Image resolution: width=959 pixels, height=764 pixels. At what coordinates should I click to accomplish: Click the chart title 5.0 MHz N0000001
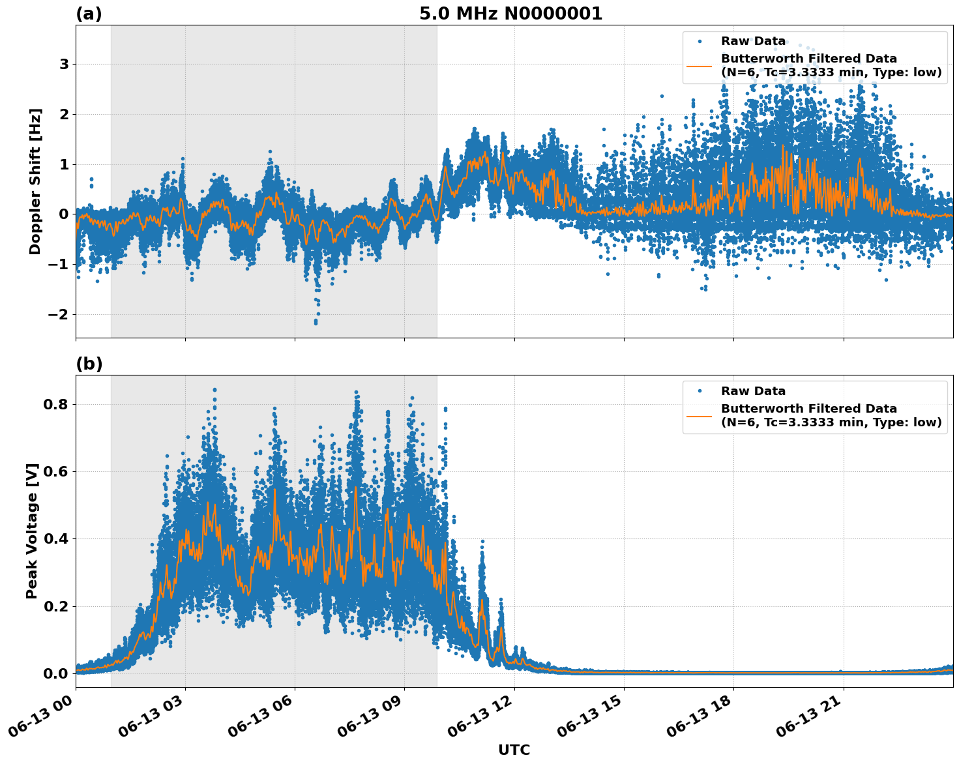pyautogui.click(x=510, y=14)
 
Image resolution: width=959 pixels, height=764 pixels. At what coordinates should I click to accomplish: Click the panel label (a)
pyautogui.click(x=89, y=14)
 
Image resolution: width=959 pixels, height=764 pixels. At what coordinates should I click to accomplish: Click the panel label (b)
pyautogui.click(x=89, y=364)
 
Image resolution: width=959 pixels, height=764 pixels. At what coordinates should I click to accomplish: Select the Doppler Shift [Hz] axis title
pyautogui.click(x=35, y=181)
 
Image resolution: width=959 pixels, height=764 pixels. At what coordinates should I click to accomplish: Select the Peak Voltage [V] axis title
pyautogui.click(x=32, y=531)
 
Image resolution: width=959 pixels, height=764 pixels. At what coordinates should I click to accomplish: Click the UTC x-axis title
pyautogui.click(x=514, y=750)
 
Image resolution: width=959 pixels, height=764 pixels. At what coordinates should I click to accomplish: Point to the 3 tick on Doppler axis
pyautogui.click(x=64, y=64)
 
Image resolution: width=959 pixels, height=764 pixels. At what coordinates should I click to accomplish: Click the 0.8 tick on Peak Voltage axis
pyautogui.click(x=56, y=404)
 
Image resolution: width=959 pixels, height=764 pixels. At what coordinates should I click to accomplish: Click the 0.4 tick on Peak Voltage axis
pyautogui.click(x=56, y=538)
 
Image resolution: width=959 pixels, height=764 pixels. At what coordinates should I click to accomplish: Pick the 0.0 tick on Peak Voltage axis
pyautogui.click(x=56, y=673)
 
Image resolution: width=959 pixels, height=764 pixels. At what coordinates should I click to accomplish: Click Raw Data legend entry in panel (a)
pyautogui.click(x=753, y=41)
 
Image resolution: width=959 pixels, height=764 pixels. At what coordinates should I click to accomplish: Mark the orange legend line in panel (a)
pyautogui.click(x=699, y=65)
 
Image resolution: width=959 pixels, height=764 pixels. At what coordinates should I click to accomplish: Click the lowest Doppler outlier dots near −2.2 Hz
pyautogui.click(x=316, y=321)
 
